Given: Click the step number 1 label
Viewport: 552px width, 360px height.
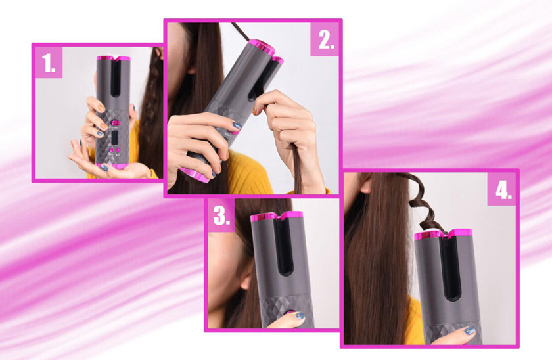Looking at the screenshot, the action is (49, 62).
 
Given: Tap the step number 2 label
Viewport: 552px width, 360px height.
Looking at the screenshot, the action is (326, 40).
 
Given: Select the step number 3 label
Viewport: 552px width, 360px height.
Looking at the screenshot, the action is (221, 215).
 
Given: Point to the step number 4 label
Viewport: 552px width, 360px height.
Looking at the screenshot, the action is (503, 191).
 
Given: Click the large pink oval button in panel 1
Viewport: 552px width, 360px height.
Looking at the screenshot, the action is (115, 123).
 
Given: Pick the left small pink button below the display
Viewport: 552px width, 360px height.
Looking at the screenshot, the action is (111, 151).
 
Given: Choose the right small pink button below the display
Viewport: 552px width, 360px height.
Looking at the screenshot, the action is (118, 150).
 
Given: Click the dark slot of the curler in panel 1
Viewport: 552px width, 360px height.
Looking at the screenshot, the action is (115, 78).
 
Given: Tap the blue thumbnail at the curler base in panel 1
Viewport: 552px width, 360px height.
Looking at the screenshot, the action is (104, 168).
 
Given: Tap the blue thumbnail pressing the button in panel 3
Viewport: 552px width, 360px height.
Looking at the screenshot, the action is (300, 316).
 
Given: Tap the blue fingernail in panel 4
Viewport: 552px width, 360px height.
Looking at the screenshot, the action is (470, 331).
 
